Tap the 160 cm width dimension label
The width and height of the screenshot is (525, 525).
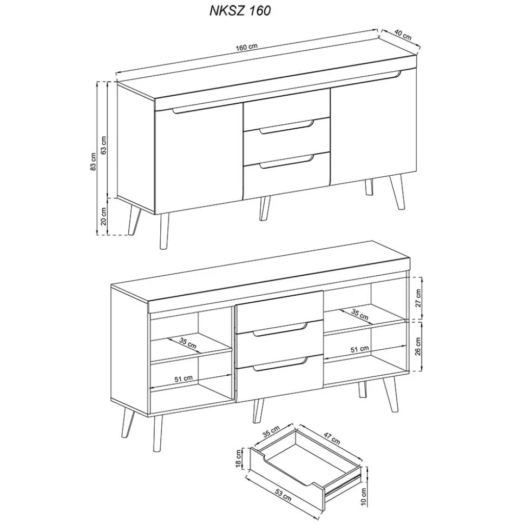tap(246, 46)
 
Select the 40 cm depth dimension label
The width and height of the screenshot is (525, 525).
tap(403, 35)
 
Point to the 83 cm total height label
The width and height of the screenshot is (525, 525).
tap(94, 161)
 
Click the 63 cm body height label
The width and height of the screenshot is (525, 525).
tap(104, 144)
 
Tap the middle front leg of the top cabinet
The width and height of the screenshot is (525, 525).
tap(264, 208)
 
